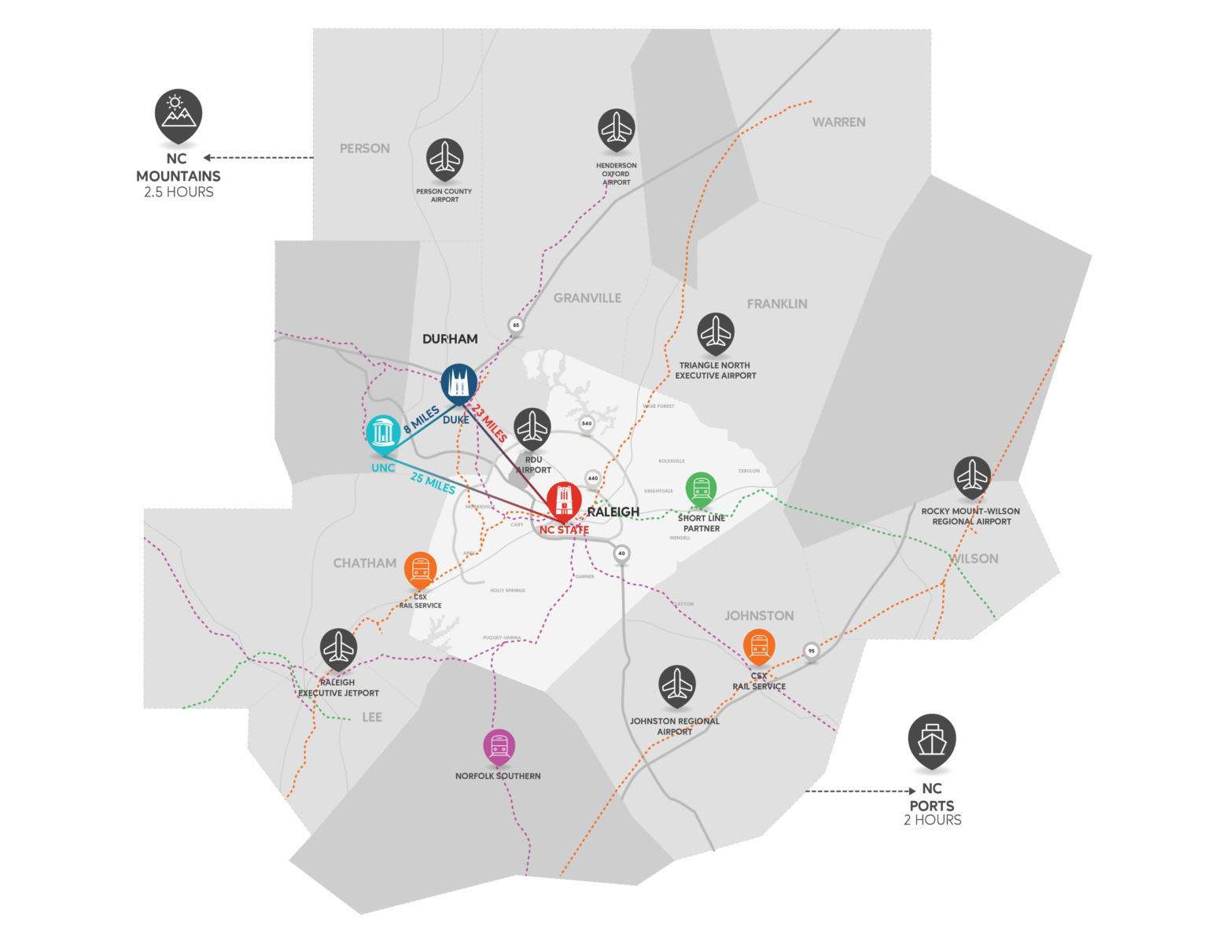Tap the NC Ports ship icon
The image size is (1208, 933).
(x=932, y=740)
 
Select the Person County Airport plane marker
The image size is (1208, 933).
(x=445, y=159)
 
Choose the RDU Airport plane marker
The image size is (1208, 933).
(x=532, y=428)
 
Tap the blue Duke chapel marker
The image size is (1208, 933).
(x=459, y=383)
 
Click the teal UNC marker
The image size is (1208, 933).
(x=383, y=433)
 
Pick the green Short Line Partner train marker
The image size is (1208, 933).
(x=701, y=489)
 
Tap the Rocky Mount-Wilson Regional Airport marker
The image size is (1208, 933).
(x=972, y=476)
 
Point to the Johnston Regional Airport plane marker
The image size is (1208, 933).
(x=677, y=685)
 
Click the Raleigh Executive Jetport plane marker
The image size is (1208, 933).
(x=339, y=648)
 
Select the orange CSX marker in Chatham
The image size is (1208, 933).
(x=420, y=569)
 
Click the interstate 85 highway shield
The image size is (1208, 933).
(x=516, y=325)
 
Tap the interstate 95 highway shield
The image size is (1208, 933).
(x=812, y=650)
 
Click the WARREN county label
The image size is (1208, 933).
(x=838, y=122)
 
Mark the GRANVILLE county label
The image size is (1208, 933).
(x=587, y=298)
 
